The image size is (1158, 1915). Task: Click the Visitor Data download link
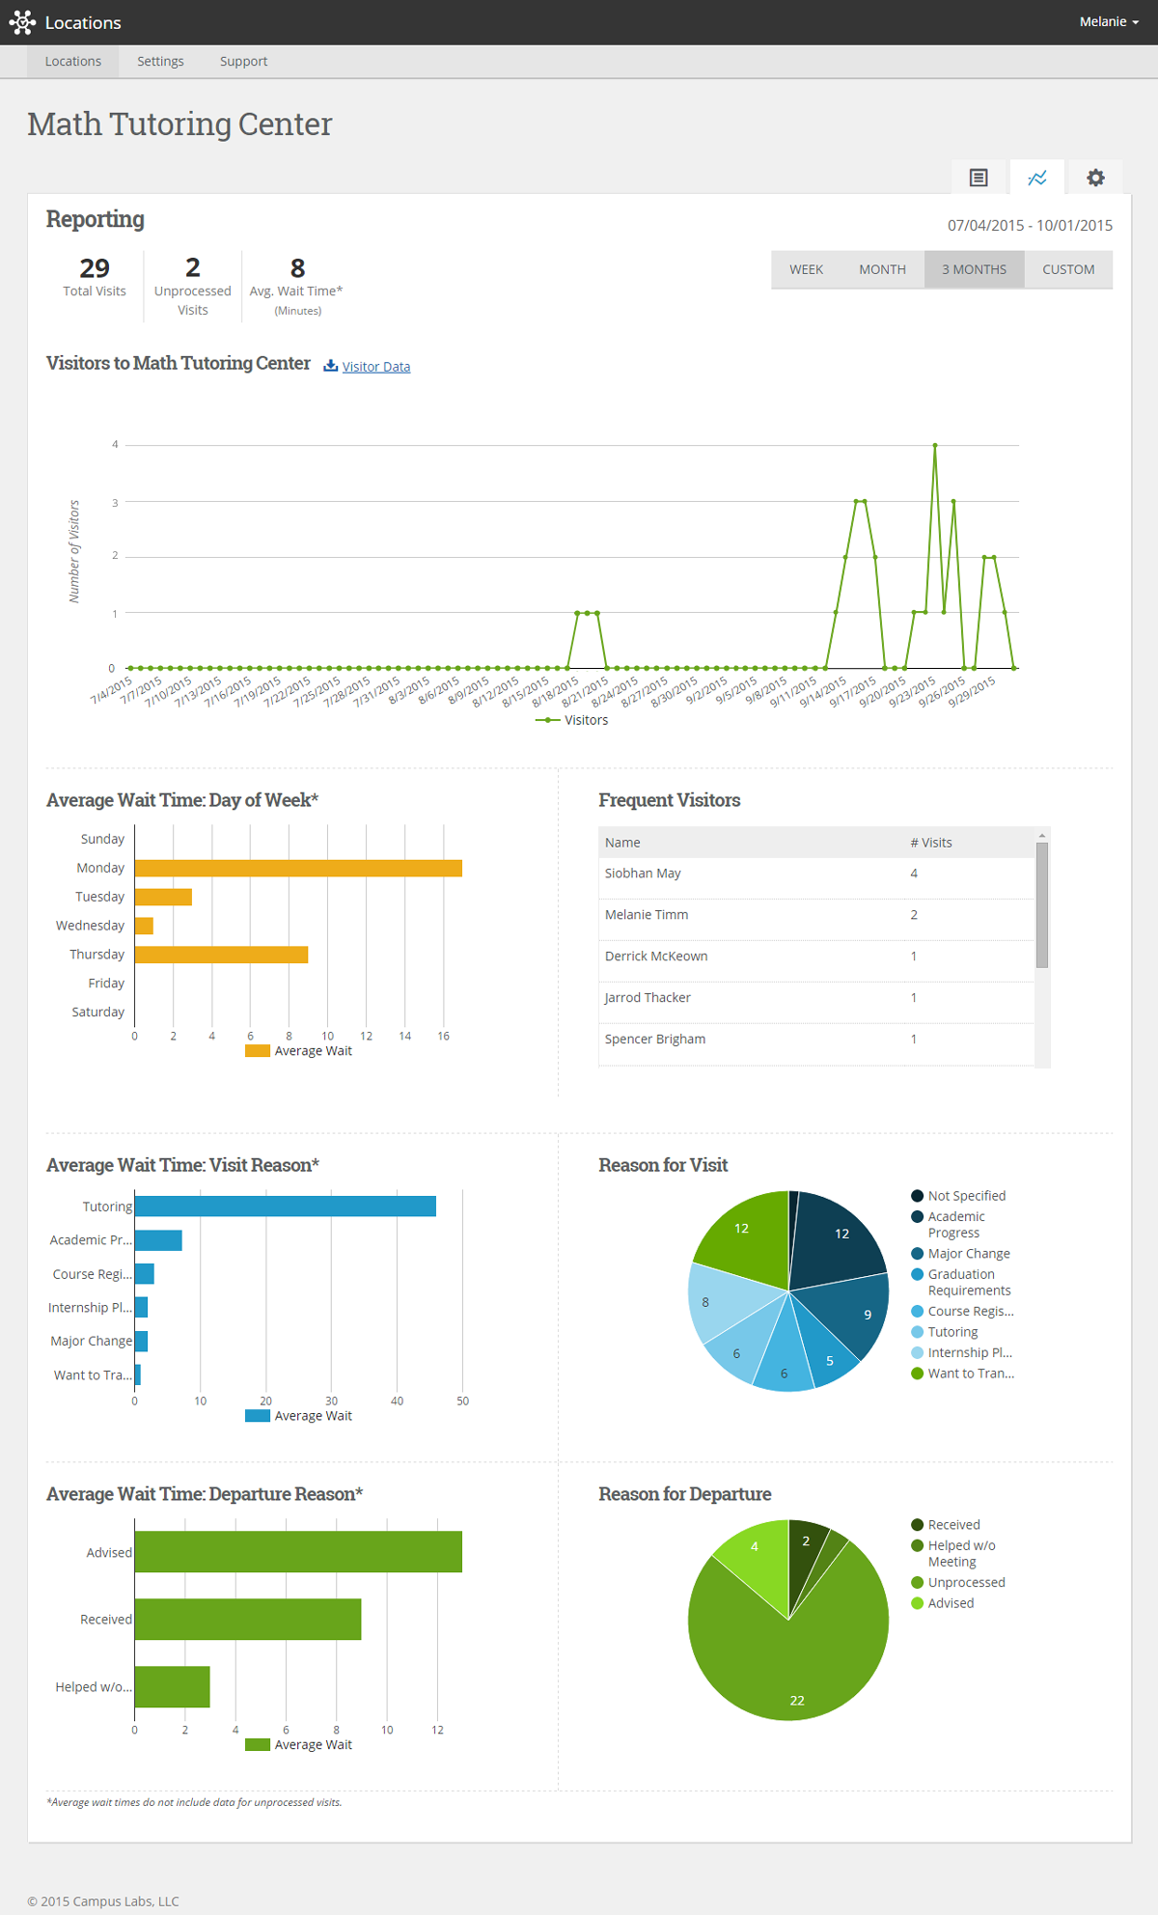click(x=375, y=367)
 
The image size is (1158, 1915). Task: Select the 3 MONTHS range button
click(x=974, y=269)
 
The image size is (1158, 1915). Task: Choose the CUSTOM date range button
click(x=1067, y=269)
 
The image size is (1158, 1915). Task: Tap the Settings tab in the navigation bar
click(x=160, y=61)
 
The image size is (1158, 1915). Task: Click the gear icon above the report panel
click(x=1094, y=178)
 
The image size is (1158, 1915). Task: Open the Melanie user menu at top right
click(x=1108, y=21)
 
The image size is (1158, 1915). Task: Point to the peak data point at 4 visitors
click(x=934, y=446)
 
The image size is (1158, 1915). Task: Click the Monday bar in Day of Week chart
click(x=297, y=868)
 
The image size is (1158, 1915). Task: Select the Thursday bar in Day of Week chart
click(x=221, y=955)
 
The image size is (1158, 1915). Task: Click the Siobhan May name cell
click(x=643, y=874)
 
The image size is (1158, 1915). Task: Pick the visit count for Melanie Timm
click(x=914, y=915)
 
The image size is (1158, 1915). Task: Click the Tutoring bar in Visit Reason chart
click(x=285, y=1207)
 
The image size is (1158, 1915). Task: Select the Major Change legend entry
click(x=968, y=1254)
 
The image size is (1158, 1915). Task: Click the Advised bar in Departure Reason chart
click(x=297, y=1552)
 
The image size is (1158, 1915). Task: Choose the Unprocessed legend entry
click(x=966, y=1583)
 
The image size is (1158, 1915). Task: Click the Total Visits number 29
click(x=95, y=268)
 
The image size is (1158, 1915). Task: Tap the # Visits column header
click(x=930, y=843)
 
